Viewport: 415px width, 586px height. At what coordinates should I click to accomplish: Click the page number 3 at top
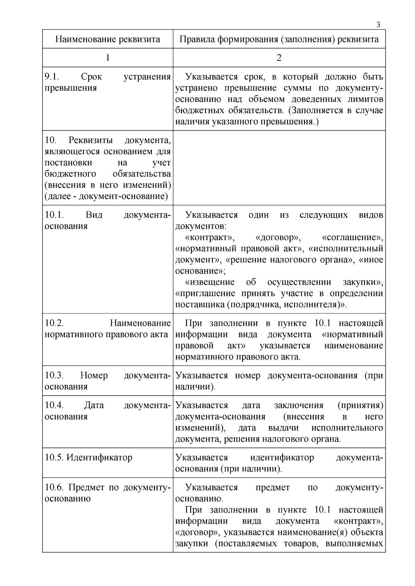pyautogui.click(x=378, y=25)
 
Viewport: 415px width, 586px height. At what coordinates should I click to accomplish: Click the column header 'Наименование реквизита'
pyautogui.click(x=108, y=39)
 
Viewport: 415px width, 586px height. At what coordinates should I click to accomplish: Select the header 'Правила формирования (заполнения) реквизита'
pyautogui.click(x=279, y=39)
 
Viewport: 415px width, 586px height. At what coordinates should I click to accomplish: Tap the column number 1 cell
pyautogui.click(x=108, y=58)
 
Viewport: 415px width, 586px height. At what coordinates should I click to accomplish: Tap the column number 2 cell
pyautogui.click(x=279, y=58)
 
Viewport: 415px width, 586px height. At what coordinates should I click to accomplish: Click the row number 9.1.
pyautogui.click(x=52, y=77)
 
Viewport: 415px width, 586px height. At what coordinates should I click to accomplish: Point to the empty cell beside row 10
pyautogui.click(x=279, y=168)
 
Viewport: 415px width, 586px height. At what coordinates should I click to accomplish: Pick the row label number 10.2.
pyautogui.click(x=54, y=323)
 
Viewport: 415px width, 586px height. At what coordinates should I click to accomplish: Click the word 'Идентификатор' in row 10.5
pyautogui.click(x=99, y=457)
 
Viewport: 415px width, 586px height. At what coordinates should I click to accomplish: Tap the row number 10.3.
pyautogui.click(x=54, y=376)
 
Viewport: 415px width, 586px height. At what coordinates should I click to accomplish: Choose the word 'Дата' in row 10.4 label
pyautogui.click(x=94, y=405)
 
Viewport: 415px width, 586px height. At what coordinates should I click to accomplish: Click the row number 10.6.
pyautogui.click(x=54, y=488)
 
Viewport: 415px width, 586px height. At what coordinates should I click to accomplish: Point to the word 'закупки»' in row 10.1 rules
pyautogui.click(x=363, y=282)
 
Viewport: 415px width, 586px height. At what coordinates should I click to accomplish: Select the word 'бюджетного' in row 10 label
pyautogui.click(x=70, y=174)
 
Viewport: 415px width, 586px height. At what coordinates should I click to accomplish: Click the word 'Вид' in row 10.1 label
pyautogui.click(x=94, y=215)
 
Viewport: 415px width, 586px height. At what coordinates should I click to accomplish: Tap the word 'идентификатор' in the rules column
pyautogui.click(x=282, y=457)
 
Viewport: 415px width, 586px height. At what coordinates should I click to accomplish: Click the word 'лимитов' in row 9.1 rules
pyautogui.click(x=368, y=100)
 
